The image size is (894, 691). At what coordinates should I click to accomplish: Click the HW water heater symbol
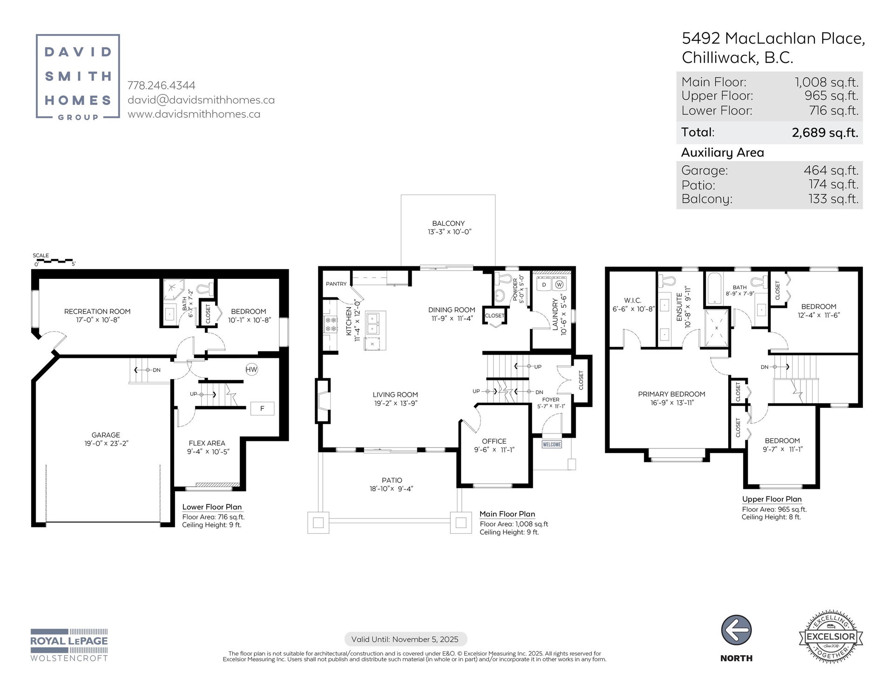pos(251,370)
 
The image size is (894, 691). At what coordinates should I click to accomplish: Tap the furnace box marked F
pos(262,408)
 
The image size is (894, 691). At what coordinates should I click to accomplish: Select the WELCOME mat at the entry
pos(552,444)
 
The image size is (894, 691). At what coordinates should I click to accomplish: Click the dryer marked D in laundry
pos(544,285)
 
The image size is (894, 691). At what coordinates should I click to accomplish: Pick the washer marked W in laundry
pos(559,285)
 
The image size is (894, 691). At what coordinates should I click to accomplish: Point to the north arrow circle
pos(737,630)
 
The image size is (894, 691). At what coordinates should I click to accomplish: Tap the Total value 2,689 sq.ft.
pos(825,133)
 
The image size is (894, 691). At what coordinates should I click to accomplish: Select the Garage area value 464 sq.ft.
pos(831,170)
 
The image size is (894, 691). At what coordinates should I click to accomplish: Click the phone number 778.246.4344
pos(162,86)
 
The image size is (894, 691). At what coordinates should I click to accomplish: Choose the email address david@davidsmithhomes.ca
pos(201,100)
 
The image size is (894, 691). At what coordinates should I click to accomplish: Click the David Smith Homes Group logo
pos(78,77)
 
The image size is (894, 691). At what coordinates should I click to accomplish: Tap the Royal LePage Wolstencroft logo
pos(69,645)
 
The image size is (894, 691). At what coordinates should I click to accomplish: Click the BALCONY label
pos(448,224)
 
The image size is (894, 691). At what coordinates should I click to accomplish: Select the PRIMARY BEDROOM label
pos(671,394)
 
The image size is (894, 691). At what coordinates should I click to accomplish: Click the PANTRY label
pos(336,284)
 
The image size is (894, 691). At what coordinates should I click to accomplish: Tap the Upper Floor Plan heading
pos(772,499)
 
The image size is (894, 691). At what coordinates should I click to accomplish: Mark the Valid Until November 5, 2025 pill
pos(405,639)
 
